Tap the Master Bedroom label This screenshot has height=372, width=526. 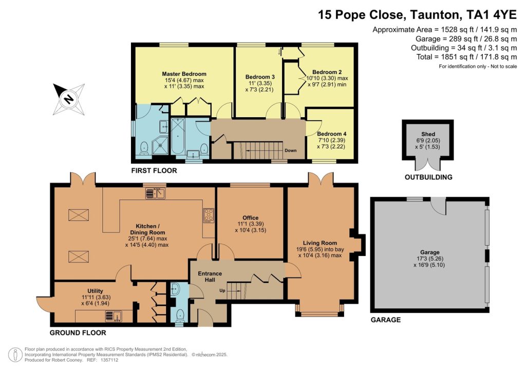(184, 74)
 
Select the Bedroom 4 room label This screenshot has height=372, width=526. (332, 134)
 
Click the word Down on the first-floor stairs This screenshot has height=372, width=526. (291, 150)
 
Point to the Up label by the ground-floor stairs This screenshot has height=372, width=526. (222, 290)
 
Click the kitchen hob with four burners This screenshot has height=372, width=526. (209, 215)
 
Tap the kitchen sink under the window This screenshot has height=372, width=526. (155, 193)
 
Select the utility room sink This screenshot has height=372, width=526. (114, 317)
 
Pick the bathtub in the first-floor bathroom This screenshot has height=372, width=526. (177, 136)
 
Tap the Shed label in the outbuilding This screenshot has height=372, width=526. (428, 134)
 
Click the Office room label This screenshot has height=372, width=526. (251, 218)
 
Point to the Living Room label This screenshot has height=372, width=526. (320, 243)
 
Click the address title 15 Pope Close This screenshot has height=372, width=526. (362, 15)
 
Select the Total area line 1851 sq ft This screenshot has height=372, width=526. (466, 57)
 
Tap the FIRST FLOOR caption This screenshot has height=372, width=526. (154, 171)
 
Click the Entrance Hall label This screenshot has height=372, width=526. (210, 276)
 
